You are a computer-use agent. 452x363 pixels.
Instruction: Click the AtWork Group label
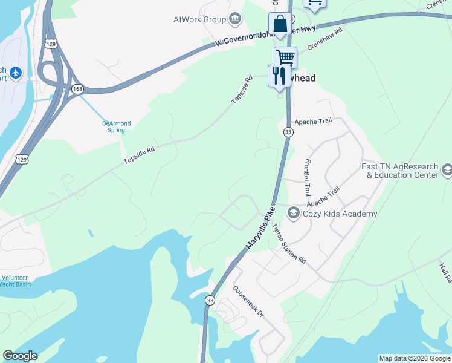(x=199, y=19)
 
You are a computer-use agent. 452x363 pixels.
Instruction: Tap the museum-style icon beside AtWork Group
(x=235, y=19)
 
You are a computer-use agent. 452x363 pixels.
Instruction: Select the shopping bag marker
(x=280, y=25)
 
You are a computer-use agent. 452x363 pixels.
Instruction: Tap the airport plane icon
(x=15, y=74)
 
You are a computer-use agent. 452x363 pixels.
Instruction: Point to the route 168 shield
(x=77, y=90)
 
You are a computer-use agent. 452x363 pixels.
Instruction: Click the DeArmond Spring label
(x=115, y=126)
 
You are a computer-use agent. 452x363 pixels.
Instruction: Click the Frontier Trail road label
(x=308, y=177)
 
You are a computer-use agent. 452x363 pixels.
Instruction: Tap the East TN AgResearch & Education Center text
(x=399, y=171)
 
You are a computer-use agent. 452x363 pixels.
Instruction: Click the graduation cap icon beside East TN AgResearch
(x=447, y=169)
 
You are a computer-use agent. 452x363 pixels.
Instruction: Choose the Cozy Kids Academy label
(x=341, y=214)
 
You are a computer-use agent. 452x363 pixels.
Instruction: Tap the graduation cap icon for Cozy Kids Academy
(x=294, y=212)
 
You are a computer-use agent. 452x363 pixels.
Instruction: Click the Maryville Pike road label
(x=260, y=229)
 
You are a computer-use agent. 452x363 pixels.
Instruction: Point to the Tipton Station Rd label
(x=289, y=243)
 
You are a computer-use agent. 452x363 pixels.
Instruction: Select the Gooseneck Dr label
(x=249, y=301)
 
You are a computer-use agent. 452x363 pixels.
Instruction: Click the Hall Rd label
(x=446, y=272)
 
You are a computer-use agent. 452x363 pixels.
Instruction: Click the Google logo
(x=20, y=356)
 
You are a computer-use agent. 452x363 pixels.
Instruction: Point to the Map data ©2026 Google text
(x=415, y=358)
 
